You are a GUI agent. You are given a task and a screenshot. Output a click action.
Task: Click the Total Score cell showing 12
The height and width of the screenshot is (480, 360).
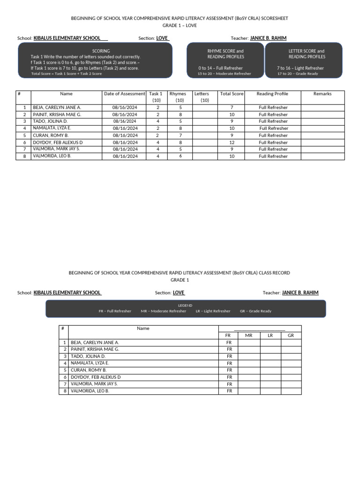pyautogui.click(x=232, y=142)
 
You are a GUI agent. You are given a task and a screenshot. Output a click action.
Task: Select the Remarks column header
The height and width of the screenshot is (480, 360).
pyautogui.click(x=322, y=94)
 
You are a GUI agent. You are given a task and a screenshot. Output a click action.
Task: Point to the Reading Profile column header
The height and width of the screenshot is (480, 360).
pyautogui.click(x=272, y=94)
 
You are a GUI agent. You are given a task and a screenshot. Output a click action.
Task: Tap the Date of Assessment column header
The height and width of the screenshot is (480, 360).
pyautogui.click(x=124, y=94)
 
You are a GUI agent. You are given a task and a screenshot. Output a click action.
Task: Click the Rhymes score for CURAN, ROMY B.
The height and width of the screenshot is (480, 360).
pyautogui.click(x=180, y=135)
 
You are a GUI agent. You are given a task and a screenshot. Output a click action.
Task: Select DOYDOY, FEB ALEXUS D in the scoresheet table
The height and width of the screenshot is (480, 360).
pyautogui.click(x=58, y=142)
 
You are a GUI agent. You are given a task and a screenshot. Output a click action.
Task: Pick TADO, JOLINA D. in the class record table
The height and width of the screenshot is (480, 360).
pyautogui.click(x=88, y=356)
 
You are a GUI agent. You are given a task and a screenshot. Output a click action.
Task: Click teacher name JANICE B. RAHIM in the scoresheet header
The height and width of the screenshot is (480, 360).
pyautogui.click(x=268, y=38)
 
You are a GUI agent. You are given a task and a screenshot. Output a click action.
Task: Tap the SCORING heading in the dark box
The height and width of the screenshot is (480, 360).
pyautogui.click(x=101, y=51)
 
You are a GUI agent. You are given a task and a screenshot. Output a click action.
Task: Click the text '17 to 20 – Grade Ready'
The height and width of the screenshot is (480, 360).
pyautogui.click(x=298, y=74)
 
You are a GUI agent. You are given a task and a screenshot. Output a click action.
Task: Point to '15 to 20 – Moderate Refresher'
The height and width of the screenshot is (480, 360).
pyautogui.click(x=224, y=74)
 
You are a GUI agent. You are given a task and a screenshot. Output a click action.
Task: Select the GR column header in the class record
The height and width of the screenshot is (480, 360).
pyautogui.click(x=291, y=336)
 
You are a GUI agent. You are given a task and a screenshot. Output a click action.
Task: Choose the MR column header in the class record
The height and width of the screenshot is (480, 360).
pyautogui.click(x=249, y=336)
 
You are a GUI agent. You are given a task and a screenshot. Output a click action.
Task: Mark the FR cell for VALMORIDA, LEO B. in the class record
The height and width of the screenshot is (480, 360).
pyautogui.click(x=229, y=391)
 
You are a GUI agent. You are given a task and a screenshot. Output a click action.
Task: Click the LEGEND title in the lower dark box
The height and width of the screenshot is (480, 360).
pyautogui.click(x=185, y=305)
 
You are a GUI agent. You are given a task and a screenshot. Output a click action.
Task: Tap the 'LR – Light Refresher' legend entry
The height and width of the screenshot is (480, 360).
pyautogui.click(x=213, y=311)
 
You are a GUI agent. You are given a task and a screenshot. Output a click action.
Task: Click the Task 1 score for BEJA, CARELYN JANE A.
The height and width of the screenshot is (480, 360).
pyautogui.click(x=158, y=107)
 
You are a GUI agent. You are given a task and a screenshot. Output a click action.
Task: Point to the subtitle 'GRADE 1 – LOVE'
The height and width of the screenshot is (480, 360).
pyautogui.click(x=180, y=25)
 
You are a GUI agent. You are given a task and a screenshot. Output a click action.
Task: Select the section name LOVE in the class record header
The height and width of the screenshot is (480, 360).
pyautogui.click(x=179, y=292)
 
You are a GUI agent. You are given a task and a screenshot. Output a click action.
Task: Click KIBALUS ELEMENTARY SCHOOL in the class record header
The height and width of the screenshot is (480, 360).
pyautogui.click(x=67, y=292)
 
